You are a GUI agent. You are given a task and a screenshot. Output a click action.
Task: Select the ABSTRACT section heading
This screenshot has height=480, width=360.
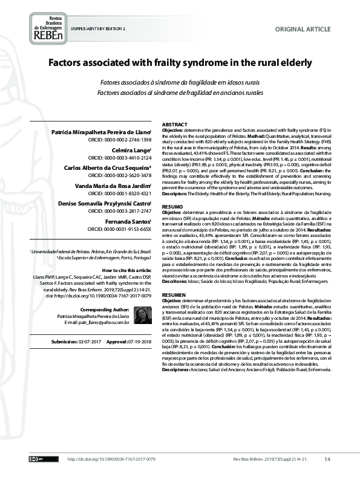tap(174, 124)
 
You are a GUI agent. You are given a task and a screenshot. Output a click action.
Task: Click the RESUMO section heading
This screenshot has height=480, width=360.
tap(172, 206)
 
